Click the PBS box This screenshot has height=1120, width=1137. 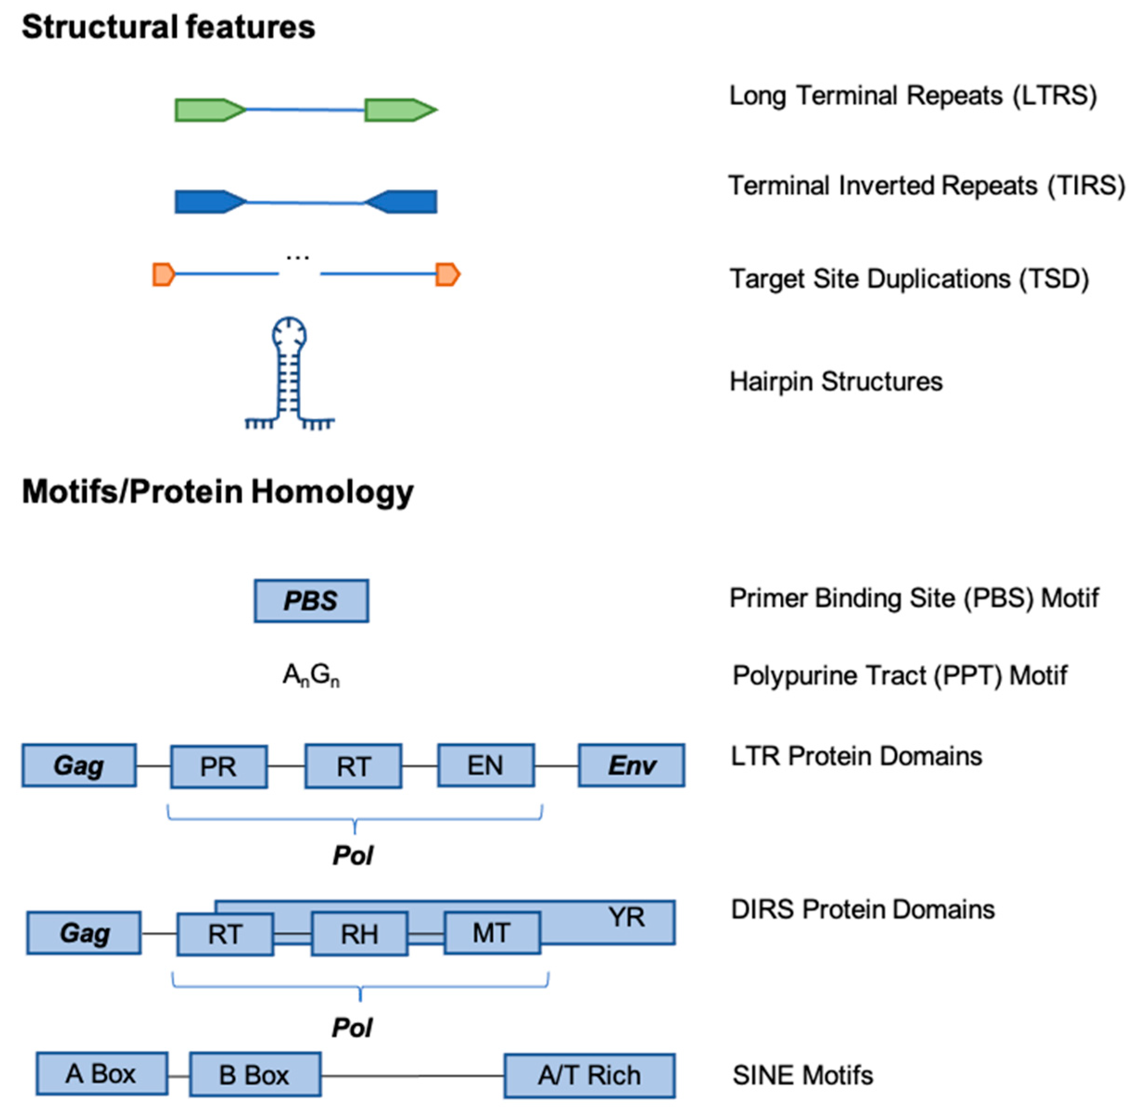point(311,601)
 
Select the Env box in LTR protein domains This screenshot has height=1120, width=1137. point(631,765)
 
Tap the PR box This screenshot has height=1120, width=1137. point(219,767)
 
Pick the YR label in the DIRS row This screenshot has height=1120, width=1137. point(626,917)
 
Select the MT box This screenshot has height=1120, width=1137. point(492,933)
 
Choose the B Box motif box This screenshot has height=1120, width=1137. point(255,1075)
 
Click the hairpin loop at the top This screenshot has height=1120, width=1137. point(289,333)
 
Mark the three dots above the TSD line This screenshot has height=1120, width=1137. point(298,258)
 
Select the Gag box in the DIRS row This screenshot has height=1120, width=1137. point(84,933)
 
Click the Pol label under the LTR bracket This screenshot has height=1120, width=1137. point(353,856)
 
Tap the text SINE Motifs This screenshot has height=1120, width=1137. point(803,1075)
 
